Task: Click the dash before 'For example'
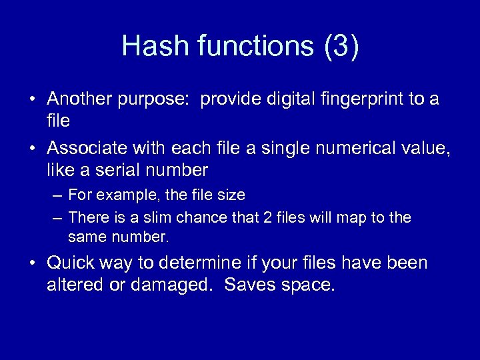click(x=57, y=195)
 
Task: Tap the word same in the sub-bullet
click(x=87, y=237)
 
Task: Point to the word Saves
click(x=249, y=286)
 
